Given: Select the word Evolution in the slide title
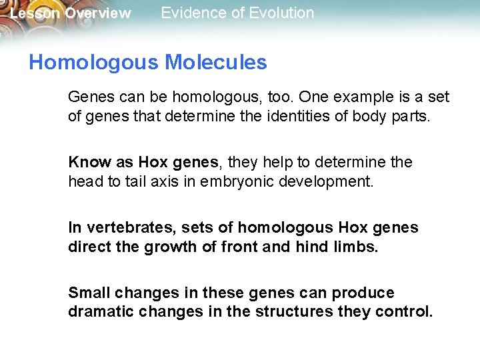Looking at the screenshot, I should click(x=283, y=13).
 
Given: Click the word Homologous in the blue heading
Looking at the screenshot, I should click(x=93, y=63).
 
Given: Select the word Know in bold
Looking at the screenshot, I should click(x=85, y=163).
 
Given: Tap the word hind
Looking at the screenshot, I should click(x=311, y=247).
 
